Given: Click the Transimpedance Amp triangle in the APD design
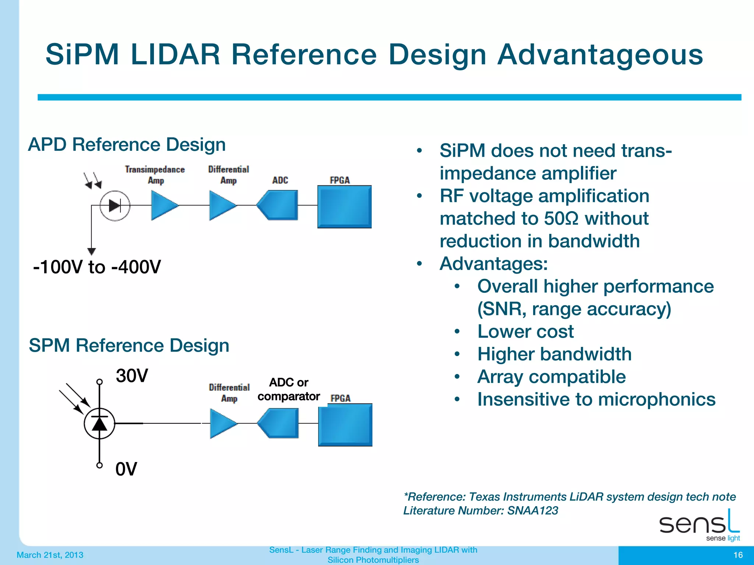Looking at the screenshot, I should [163, 205].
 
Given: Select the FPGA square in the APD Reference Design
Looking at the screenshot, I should [344, 207].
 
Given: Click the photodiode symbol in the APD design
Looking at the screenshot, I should [115, 206].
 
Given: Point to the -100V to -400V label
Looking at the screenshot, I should [97, 267].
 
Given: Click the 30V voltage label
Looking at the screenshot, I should [132, 376].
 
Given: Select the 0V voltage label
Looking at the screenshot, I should [126, 469].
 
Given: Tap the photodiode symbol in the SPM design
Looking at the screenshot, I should [99, 423].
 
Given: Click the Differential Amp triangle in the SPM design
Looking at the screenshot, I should [222, 423].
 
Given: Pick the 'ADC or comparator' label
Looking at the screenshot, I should [288, 389].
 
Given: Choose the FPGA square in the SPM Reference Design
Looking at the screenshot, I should [345, 425].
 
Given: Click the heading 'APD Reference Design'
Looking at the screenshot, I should [127, 144].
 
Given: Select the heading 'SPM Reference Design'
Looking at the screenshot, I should [129, 345].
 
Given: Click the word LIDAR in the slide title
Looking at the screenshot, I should [175, 54].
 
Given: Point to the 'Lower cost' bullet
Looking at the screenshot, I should [525, 331].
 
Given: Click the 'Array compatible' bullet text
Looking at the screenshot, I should [551, 377].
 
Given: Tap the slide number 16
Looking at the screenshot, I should [738, 555].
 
